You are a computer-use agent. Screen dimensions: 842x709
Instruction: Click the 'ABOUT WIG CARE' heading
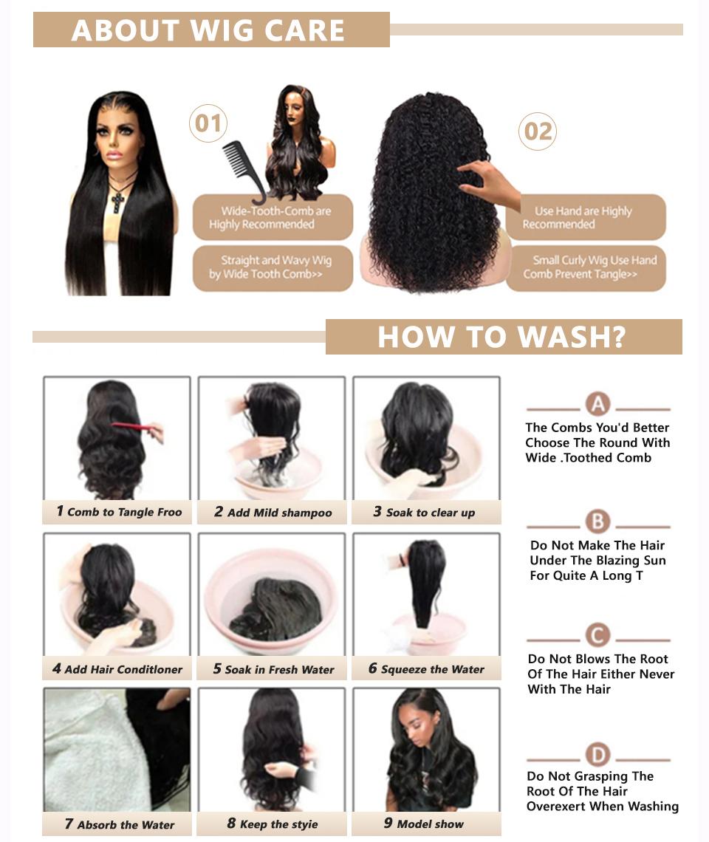[x=209, y=30]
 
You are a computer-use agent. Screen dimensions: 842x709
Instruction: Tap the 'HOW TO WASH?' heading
[x=502, y=337]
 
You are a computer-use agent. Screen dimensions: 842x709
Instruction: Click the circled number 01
[x=208, y=123]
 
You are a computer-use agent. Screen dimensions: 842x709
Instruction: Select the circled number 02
[x=537, y=132]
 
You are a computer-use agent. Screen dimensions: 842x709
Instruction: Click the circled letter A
[x=597, y=405]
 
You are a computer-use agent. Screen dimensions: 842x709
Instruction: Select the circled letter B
[x=597, y=522]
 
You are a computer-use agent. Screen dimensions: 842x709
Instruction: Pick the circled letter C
[x=597, y=635]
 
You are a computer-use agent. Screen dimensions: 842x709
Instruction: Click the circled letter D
[x=597, y=755]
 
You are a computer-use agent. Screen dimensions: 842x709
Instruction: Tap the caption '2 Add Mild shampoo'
[x=273, y=513]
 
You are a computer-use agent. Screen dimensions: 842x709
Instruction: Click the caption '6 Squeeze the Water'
[x=426, y=669]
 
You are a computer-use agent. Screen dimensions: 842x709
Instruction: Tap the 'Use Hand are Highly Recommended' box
[x=585, y=217]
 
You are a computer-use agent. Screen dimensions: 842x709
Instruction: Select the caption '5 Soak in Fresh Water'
[x=273, y=669]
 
